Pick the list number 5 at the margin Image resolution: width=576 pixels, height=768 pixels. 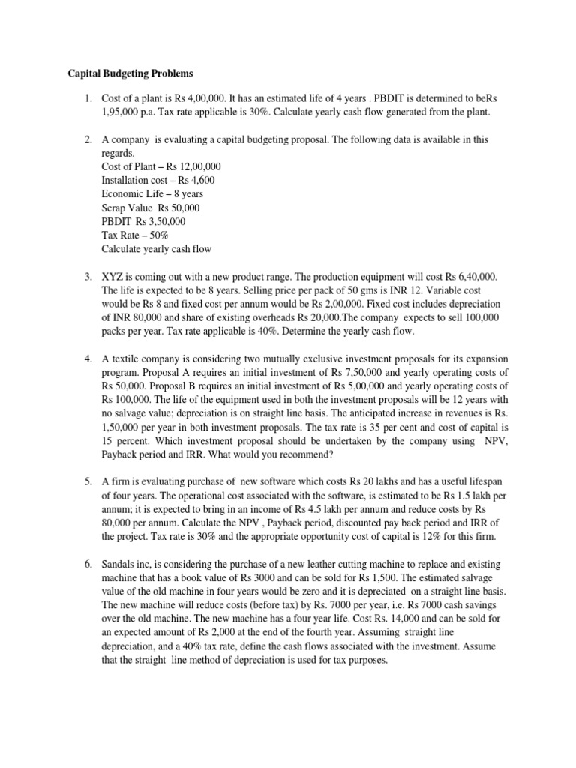pyautogui.click(x=87, y=482)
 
